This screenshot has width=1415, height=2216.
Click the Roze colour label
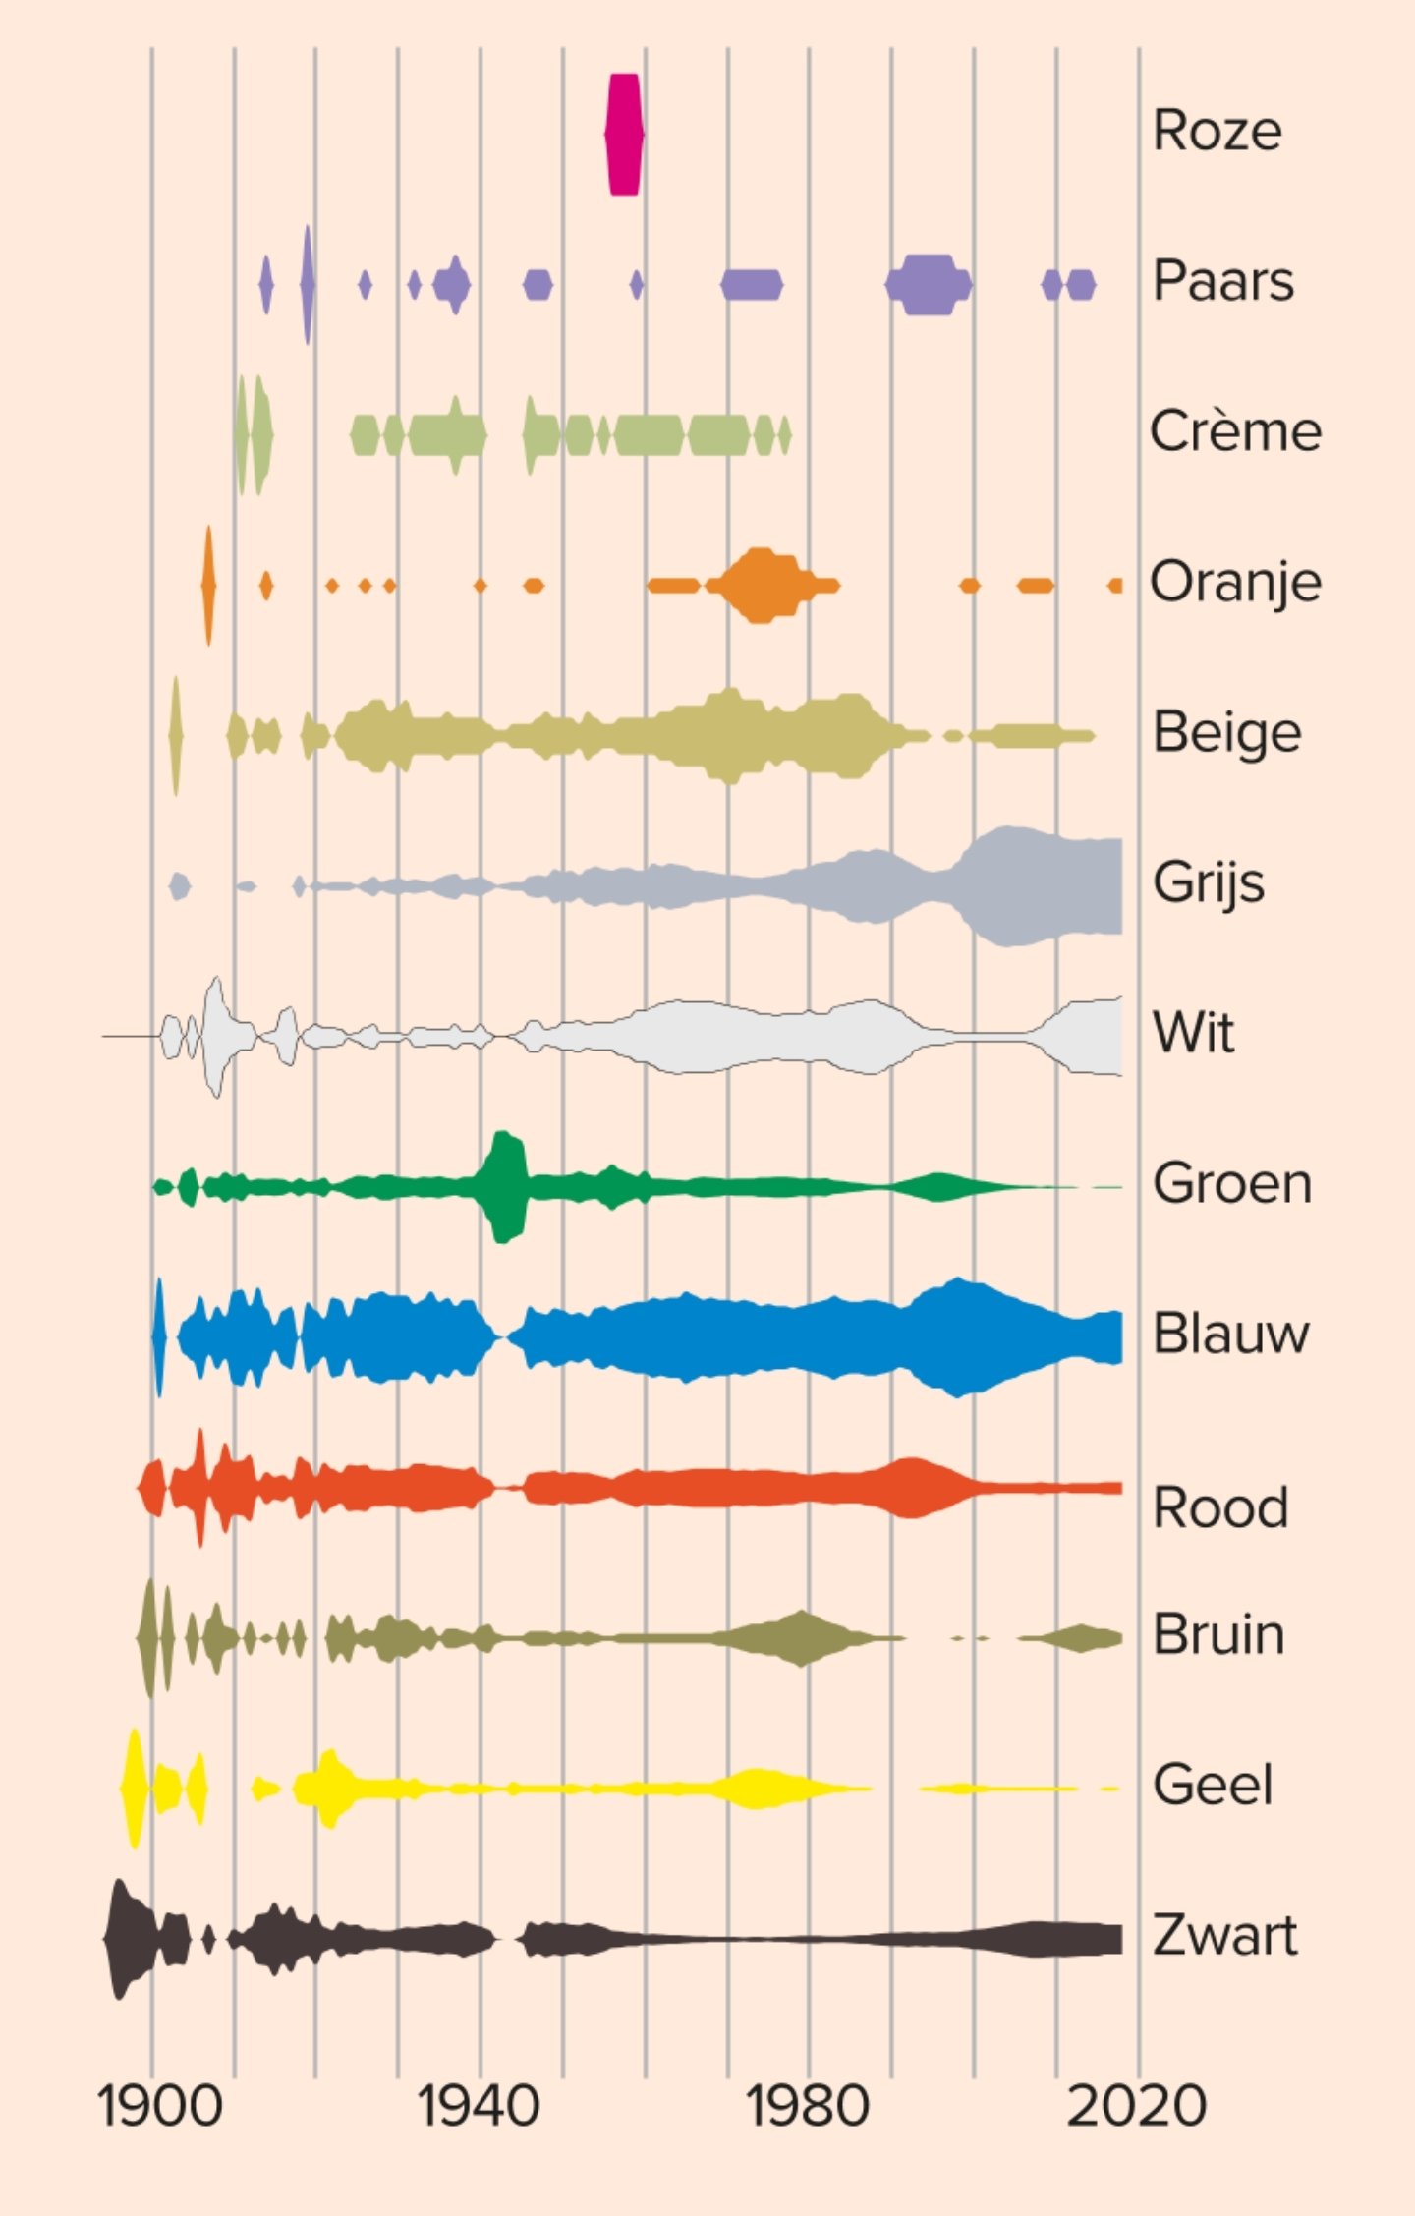pos(1217,131)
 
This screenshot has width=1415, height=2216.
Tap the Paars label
pos(1222,281)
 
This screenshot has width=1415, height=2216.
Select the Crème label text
pos(1235,431)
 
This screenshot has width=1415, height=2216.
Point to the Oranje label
pos(1235,583)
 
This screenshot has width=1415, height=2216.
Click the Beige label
pos(1226,733)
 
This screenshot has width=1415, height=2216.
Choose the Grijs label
pos(1209,882)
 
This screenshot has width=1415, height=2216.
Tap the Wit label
pos(1193,1034)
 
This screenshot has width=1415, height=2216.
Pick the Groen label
pos(1232,1183)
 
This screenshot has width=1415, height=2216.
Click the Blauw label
pos(1231,1335)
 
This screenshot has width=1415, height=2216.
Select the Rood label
pos(1220,1507)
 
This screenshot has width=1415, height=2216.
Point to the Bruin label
pos(1218,1635)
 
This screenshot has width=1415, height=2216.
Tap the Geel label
pos(1213,1786)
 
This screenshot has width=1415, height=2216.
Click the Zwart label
pos(1224,1936)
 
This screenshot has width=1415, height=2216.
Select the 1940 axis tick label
pos(479,2106)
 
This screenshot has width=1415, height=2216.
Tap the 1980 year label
pos(808,2106)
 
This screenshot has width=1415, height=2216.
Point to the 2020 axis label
pos(1137,2106)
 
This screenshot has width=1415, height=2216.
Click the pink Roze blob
pos(624,135)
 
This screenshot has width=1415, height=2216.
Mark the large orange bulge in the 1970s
pos(759,586)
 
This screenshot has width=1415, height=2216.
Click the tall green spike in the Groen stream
pos(505,1187)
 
